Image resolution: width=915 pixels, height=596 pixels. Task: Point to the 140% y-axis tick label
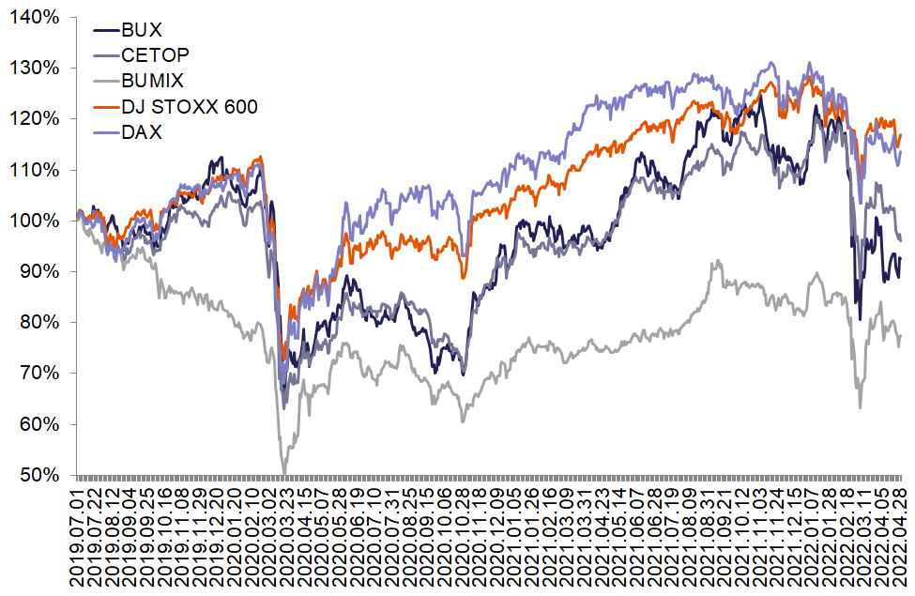click(x=35, y=17)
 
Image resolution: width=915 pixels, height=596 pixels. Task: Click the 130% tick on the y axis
click(x=35, y=68)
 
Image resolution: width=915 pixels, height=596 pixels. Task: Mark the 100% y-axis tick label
click(x=35, y=221)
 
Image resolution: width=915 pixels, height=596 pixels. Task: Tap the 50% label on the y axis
click(x=38, y=475)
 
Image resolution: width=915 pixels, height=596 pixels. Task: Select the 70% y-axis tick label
click(x=38, y=374)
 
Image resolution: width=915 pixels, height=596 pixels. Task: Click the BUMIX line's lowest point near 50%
click(x=284, y=473)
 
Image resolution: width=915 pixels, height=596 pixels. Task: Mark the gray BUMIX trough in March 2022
click(x=860, y=406)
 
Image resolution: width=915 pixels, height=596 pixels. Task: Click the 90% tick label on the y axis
click(x=38, y=271)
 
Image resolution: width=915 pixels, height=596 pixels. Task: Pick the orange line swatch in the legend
click(x=105, y=107)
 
